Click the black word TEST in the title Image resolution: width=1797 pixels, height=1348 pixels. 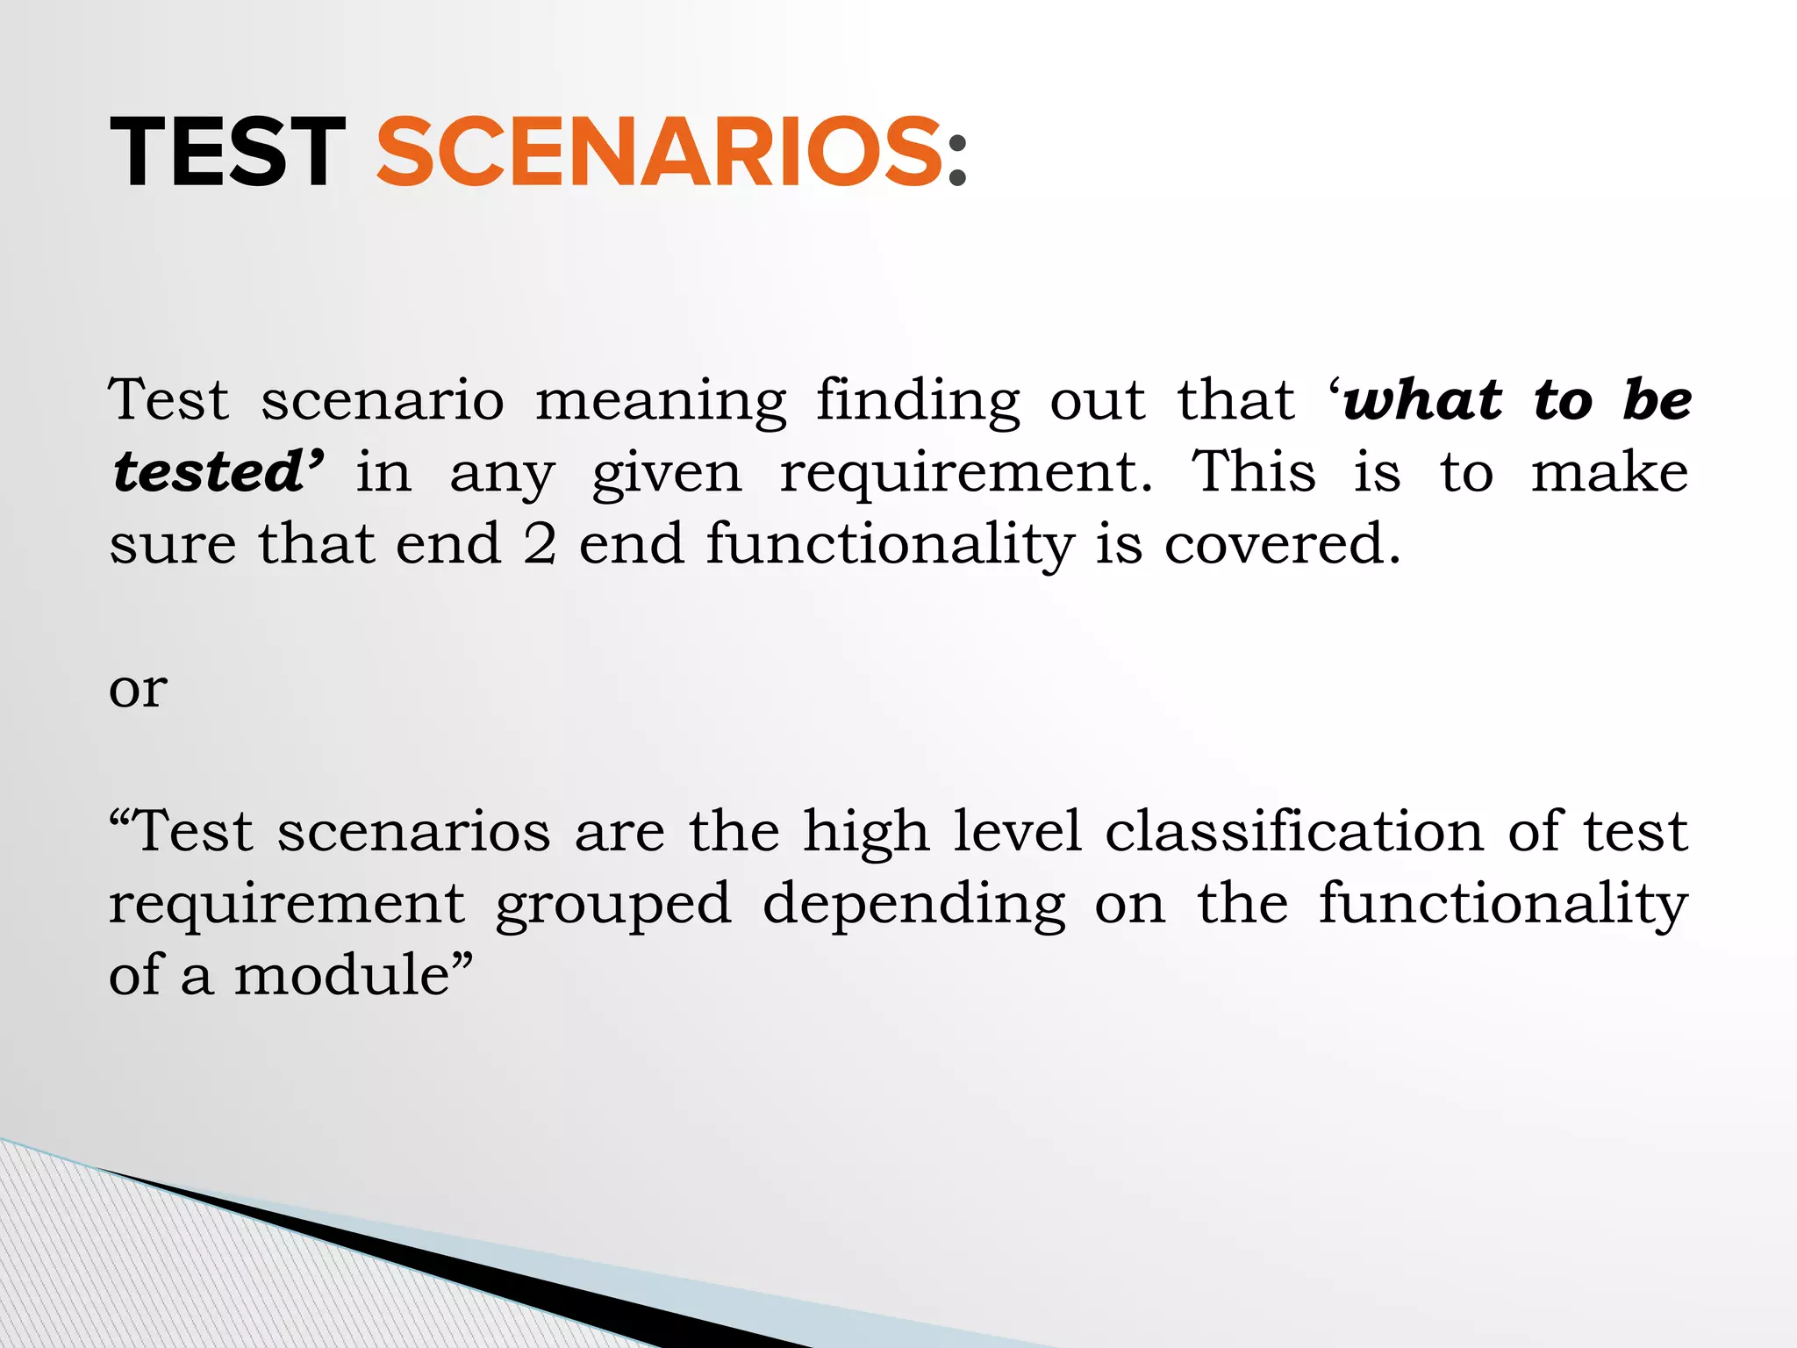(x=227, y=153)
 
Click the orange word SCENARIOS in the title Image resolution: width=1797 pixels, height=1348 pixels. (x=659, y=153)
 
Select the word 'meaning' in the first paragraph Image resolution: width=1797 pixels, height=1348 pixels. (x=661, y=402)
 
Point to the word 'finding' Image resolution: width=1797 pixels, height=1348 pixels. (x=919, y=400)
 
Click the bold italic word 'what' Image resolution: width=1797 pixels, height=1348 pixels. (x=1423, y=400)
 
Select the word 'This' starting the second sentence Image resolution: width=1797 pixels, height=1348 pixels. (x=1253, y=472)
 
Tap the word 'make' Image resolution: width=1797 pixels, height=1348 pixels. (x=1609, y=472)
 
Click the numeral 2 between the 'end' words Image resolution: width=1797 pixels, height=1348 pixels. (x=540, y=544)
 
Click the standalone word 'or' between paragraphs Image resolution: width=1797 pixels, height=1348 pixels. (x=138, y=690)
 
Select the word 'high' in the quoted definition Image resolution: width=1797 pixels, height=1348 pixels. (x=866, y=832)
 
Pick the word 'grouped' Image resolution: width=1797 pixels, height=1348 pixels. (x=613, y=904)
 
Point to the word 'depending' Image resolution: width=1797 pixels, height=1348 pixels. (x=914, y=904)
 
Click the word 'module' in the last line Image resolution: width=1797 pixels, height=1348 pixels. (x=342, y=975)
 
